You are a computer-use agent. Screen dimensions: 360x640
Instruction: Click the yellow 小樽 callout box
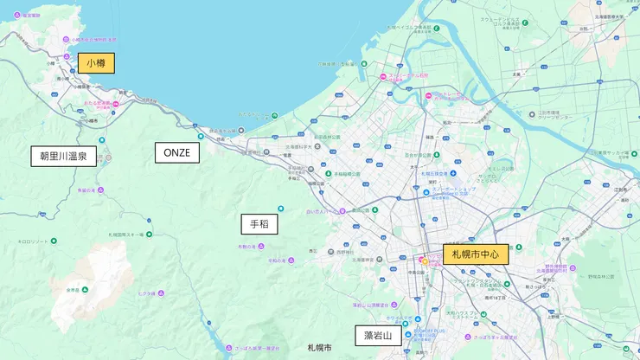click(x=96, y=63)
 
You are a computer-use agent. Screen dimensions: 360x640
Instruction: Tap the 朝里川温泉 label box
click(x=64, y=156)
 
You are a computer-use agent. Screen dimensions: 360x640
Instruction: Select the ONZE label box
click(x=177, y=153)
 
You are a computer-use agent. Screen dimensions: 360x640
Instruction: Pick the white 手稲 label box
click(x=259, y=224)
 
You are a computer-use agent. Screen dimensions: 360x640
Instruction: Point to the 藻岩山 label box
click(x=378, y=336)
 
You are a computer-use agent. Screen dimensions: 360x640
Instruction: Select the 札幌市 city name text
click(x=319, y=347)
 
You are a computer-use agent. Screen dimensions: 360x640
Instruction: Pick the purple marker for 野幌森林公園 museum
click(x=573, y=269)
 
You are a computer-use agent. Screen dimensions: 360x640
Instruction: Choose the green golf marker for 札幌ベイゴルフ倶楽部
click(x=438, y=28)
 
